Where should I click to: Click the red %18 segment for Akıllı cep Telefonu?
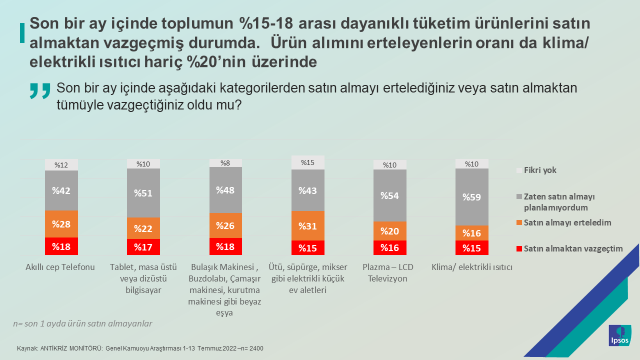pyautogui.click(x=60, y=246)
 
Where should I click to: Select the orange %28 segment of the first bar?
pyautogui.click(x=60, y=223)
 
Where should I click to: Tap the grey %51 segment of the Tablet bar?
pyautogui.click(x=142, y=194)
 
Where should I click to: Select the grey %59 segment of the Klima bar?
pyautogui.click(x=472, y=197)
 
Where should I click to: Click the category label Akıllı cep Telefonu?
pyautogui.click(x=60, y=267)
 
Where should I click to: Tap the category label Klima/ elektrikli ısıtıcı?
pyautogui.click(x=472, y=267)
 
